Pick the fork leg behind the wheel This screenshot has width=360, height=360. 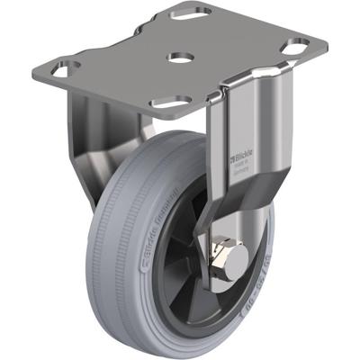(x=85, y=144)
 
